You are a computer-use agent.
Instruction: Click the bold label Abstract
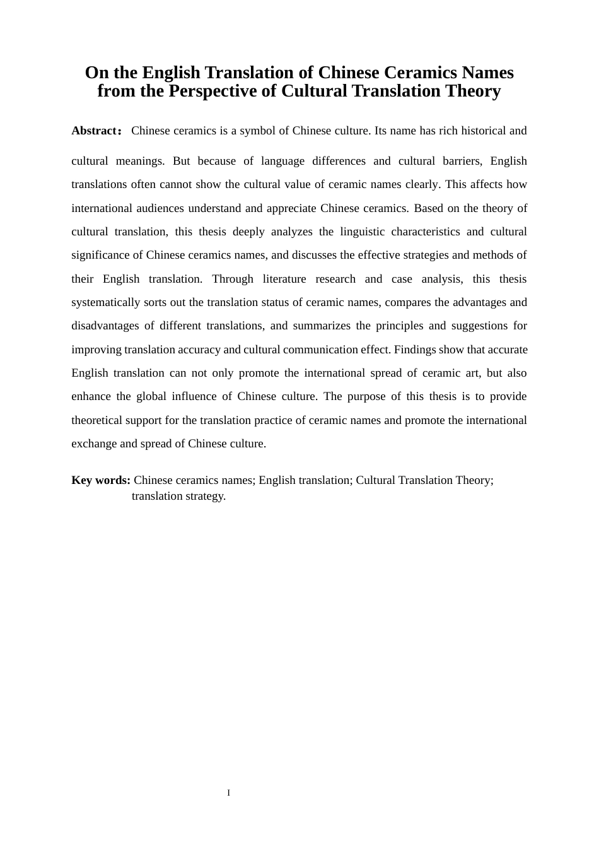pos(94,131)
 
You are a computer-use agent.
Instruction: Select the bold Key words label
pos(101,480)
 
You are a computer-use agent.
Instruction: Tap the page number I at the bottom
pos(228,792)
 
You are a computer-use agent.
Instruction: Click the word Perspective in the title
pos(212,91)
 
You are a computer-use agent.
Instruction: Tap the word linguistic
pos(362,232)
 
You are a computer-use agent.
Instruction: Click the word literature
pos(288,279)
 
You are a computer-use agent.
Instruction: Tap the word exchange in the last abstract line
pos(94,444)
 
